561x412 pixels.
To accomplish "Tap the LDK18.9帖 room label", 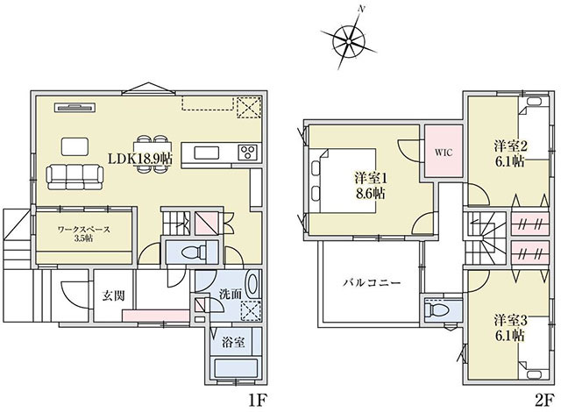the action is tap(140, 159).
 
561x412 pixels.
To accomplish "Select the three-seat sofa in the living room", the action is tap(75, 177).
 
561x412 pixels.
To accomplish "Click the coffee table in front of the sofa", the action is tap(75, 146).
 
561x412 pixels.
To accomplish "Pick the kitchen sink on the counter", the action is tap(207, 153).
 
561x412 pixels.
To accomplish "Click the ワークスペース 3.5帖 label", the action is tap(84, 234).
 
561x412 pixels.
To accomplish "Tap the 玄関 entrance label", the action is tap(113, 295).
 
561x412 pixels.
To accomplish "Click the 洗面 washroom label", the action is tap(231, 294).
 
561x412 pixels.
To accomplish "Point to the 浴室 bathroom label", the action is tap(233, 343).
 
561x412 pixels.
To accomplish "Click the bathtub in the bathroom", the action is tap(236, 368).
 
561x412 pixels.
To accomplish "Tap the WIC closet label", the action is tap(444, 153).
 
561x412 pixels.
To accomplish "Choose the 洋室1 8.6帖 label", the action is tap(370, 186).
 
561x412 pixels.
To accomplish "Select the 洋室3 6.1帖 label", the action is tap(510, 328).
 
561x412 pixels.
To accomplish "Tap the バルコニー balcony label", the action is tap(372, 283).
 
